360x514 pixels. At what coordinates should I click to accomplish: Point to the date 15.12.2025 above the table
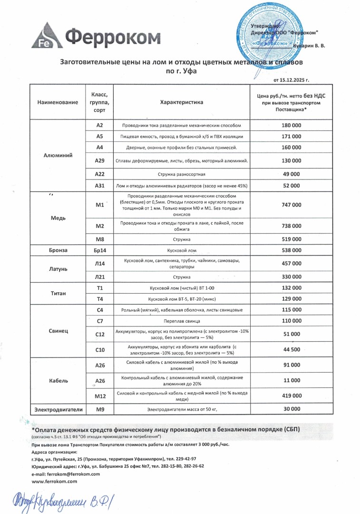(x=291, y=79)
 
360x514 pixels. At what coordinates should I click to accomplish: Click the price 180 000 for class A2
(x=292, y=125)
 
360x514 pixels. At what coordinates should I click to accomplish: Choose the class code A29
(x=100, y=160)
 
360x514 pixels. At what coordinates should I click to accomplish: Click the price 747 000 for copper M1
(x=292, y=205)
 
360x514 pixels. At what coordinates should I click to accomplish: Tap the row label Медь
(x=58, y=218)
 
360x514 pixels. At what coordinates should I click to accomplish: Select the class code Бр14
(x=100, y=250)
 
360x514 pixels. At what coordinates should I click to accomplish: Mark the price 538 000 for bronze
(x=292, y=250)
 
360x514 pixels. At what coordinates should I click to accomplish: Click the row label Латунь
(x=58, y=268)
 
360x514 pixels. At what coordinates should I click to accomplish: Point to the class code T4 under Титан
(x=100, y=299)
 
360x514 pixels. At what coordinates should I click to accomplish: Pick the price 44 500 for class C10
(x=292, y=349)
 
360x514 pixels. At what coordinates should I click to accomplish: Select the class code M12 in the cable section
(x=100, y=395)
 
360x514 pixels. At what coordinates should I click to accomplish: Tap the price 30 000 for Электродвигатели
(x=292, y=409)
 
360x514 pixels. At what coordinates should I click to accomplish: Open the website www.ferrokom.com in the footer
(x=54, y=482)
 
